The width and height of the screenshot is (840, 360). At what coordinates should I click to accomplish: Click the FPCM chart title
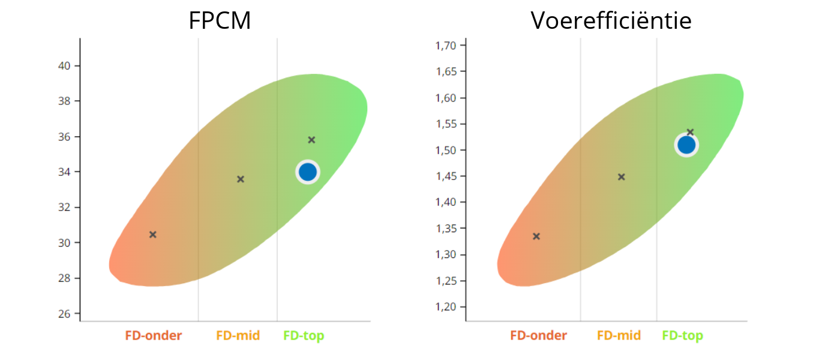[x=220, y=21]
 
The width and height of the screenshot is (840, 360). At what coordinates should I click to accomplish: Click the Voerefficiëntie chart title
[x=611, y=21]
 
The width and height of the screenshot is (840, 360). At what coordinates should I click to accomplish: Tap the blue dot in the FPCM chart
[x=307, y=172]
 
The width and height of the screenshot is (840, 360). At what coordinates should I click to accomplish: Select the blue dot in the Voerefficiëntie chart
[x=686, y=145]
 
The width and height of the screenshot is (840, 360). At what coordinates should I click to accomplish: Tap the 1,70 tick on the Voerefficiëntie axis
[x=446, y=46]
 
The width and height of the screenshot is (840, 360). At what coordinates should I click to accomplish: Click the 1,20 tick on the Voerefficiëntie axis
[x=446, y=307]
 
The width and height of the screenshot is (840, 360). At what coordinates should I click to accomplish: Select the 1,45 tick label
[x=446, y=176]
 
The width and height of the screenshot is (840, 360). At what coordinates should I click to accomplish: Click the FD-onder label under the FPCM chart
[x=154, y=336]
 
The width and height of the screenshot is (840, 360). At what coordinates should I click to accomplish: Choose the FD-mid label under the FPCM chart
[x=238, y=336]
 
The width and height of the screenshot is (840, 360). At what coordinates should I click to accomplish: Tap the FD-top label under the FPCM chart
[x=304, y=336]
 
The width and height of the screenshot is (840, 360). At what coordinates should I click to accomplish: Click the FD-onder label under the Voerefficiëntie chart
[x=539, y=336]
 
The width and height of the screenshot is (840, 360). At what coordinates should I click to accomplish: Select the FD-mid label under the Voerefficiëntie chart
[x=619, y=336]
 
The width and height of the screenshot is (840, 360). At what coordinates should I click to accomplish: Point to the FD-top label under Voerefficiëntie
[x=683, y=336]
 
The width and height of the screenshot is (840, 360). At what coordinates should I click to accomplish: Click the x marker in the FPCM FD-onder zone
[x=153, y=235]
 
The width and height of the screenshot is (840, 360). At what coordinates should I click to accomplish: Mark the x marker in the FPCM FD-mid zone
[x=241, y=179]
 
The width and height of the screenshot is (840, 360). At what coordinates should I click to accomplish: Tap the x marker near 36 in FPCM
[x=311, y=140]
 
